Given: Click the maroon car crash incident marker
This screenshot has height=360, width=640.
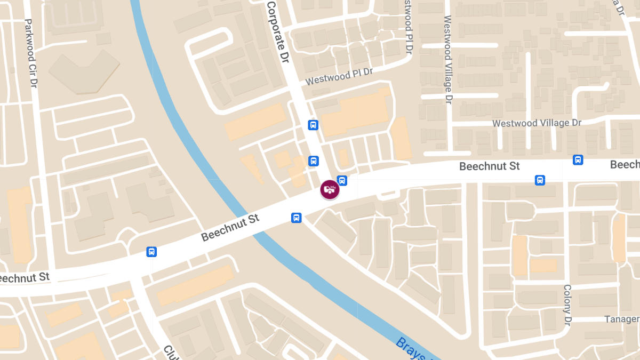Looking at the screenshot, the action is tap(330, 189).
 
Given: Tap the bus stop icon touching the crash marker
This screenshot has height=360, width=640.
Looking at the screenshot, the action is tap(342, 181).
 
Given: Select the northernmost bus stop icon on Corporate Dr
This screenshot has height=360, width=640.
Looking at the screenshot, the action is tap(313, 125).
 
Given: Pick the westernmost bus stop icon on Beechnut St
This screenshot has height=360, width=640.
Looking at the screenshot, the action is tap(151, 252).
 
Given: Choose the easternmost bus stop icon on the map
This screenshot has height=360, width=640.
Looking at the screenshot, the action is tap(578, 160).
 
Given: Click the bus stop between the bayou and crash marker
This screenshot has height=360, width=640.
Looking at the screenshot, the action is tap(296, 218).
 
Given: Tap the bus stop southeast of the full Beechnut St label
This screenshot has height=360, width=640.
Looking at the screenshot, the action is tap(540, 180).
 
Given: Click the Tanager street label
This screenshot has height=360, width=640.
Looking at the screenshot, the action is tap(622, 319).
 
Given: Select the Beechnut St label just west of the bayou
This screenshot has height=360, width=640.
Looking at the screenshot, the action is tap(230, 228).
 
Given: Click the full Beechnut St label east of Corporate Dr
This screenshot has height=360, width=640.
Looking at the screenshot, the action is tap(490, 166).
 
